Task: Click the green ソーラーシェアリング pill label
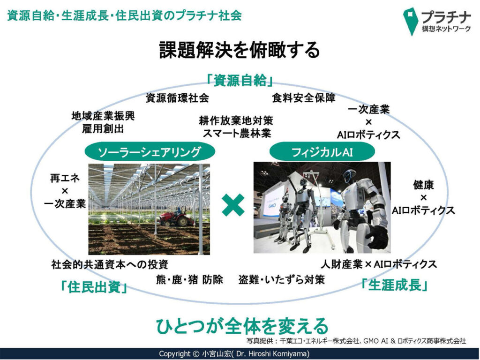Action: [x=150, y=151]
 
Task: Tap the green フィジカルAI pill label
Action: [x=322, y=151]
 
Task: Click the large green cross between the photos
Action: [x=233, y=205]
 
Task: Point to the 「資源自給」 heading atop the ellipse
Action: [x=240, y=81]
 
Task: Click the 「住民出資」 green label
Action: [x=94, y=287]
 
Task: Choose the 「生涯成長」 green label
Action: [x=394, y=285]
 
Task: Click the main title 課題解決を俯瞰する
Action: [x=240, y=50]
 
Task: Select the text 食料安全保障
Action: [x=304, y=98]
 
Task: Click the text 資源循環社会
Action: [x=177, y=98]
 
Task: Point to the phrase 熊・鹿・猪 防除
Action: [x=190, y=279]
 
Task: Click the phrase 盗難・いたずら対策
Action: [x=281, y=279]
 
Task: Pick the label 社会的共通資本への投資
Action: [x=110, y=264]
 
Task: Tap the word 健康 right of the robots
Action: [x=423, y=185]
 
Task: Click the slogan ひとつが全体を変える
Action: [x=242, y=326]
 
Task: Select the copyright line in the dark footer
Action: [x=234, y=354]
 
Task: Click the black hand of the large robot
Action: [x=377, y=236]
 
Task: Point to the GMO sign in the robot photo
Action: [x=272, y=205]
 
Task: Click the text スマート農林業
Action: [x=237, y=134]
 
